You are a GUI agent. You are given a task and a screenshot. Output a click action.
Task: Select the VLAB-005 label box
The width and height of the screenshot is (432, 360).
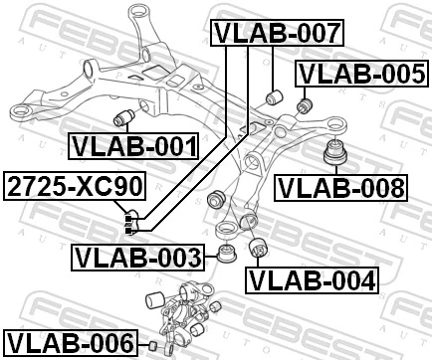tap(362, 73)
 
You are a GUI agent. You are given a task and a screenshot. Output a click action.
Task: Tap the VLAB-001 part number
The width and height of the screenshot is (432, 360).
tap(133, 147)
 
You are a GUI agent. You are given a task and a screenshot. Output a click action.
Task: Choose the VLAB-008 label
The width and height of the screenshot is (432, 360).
tap(340, 187)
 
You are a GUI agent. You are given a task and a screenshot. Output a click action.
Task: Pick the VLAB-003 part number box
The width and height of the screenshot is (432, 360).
tap(136, 259)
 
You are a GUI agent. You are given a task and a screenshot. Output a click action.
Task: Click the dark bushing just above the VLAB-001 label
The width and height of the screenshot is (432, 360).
tap(126, 117)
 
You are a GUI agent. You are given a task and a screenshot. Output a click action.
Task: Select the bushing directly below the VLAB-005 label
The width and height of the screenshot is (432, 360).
tap(306, 102)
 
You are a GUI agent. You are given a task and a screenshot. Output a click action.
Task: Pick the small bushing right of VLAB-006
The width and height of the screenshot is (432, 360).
tap(154, 345)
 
